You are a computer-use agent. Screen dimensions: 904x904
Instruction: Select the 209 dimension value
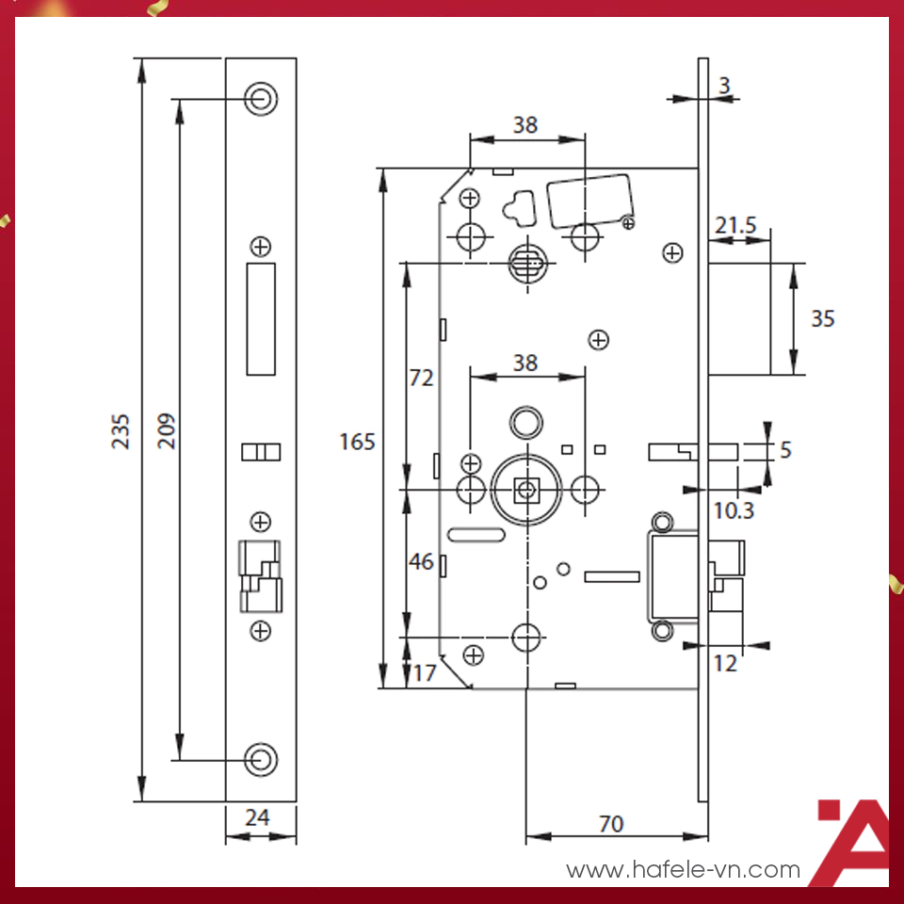(x=166, y=430)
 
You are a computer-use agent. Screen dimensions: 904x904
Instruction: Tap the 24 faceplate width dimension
(x=257, y=817)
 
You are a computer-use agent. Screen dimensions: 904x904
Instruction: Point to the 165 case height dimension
(x=357, y=441)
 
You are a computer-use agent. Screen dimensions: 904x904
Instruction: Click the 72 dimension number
(x=421, y=378)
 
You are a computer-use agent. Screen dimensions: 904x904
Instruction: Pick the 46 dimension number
(x=421, y=562)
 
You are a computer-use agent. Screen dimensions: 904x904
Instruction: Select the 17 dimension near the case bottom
(x=425, y=672)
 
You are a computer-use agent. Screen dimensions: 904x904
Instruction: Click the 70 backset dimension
(x=610, y=824)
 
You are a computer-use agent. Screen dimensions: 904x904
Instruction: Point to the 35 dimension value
(x=822, y=319)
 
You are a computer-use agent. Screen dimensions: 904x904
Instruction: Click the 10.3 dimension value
(x=734, y=510)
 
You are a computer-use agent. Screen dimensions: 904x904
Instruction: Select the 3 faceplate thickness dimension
(x=723, y=86)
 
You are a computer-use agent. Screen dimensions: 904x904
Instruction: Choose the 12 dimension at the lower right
(x=724, y=663)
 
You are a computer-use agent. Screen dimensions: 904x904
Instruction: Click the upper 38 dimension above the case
(x=525, y=124)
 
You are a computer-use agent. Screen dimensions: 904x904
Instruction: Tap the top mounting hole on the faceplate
(x=261, y=97)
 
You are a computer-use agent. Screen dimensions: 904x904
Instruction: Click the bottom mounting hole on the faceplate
(x=261, y=758)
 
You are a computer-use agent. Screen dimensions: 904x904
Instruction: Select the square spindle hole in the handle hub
(x=526, y=488)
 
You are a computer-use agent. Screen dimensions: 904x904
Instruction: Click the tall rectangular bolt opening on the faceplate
(x=261, y=319)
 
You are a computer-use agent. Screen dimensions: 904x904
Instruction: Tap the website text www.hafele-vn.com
(x=683, y=869)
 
